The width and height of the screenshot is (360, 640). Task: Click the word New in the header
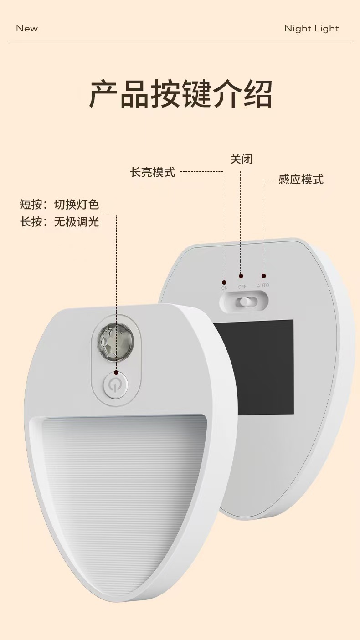(27, 28)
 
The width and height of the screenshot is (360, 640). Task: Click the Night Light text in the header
(312, 28)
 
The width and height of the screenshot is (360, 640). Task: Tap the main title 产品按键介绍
(180, 94)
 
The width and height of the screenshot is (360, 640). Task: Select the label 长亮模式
(153, 172)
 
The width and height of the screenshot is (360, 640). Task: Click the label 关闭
(241, 159)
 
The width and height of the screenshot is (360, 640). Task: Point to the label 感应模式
(301, 179)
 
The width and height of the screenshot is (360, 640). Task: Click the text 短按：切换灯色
(59, 205)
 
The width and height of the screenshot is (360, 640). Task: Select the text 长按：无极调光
(59, 222)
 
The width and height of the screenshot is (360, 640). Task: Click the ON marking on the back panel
(224, 287)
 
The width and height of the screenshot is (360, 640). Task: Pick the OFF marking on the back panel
(242, 287)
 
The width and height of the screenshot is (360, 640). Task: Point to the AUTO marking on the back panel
(263, 286)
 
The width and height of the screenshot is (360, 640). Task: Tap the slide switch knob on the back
(246, 302)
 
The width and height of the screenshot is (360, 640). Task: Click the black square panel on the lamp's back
(254, 367)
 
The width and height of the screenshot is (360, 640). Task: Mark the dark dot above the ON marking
(224, 280)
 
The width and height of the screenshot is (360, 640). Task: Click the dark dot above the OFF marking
(241, 276)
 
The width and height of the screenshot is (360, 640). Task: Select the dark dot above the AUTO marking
(263, 276)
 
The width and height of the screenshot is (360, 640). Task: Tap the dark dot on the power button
(116, 373)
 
